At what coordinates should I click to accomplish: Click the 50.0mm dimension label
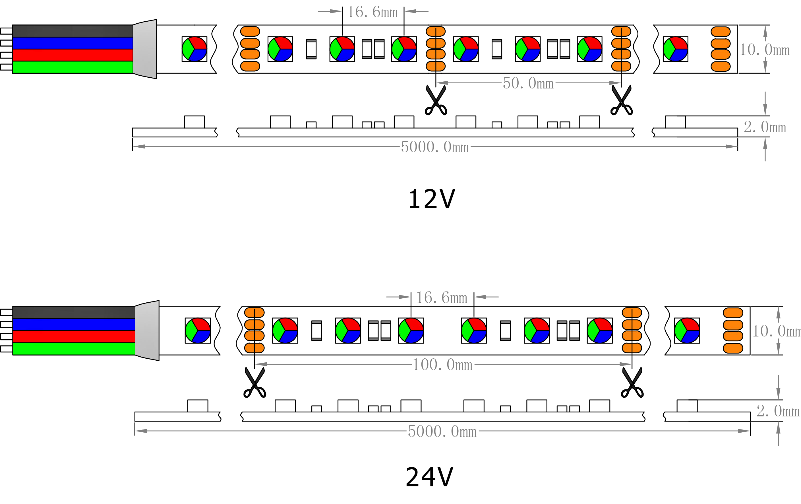coord(528,83)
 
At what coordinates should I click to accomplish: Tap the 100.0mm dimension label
coord(442,365)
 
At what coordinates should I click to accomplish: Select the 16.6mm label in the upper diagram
coord(372,12)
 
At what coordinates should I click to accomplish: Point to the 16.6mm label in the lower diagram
coord(442,298)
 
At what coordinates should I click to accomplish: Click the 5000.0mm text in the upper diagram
coord(435,147)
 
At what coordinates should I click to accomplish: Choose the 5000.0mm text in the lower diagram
coord(442,431)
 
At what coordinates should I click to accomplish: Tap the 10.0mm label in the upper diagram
coord(764,50)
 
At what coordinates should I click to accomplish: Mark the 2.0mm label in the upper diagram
coord(765,127)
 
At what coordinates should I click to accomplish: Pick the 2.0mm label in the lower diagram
coord(778,411)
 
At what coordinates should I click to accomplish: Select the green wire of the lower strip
coord(74,349)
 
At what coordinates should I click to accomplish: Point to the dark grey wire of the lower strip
coord(74,312)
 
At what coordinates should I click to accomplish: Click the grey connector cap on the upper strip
coord(145,49)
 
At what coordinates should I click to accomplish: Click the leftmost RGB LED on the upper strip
coord(194,49)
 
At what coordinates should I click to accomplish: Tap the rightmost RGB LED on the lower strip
coord(687,330)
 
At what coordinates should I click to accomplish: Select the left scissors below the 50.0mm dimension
coord(436,100)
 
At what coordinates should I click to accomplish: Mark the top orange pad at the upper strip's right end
coord(721,32)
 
